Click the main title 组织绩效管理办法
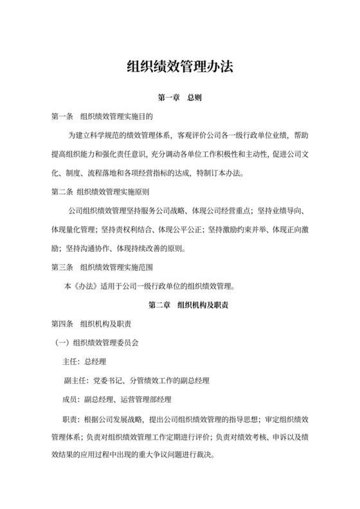click(x=179, y=66)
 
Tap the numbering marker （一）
click(x=63, y=343)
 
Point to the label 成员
click(x=71, y=400)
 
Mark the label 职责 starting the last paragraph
click(x=71, y=418)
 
